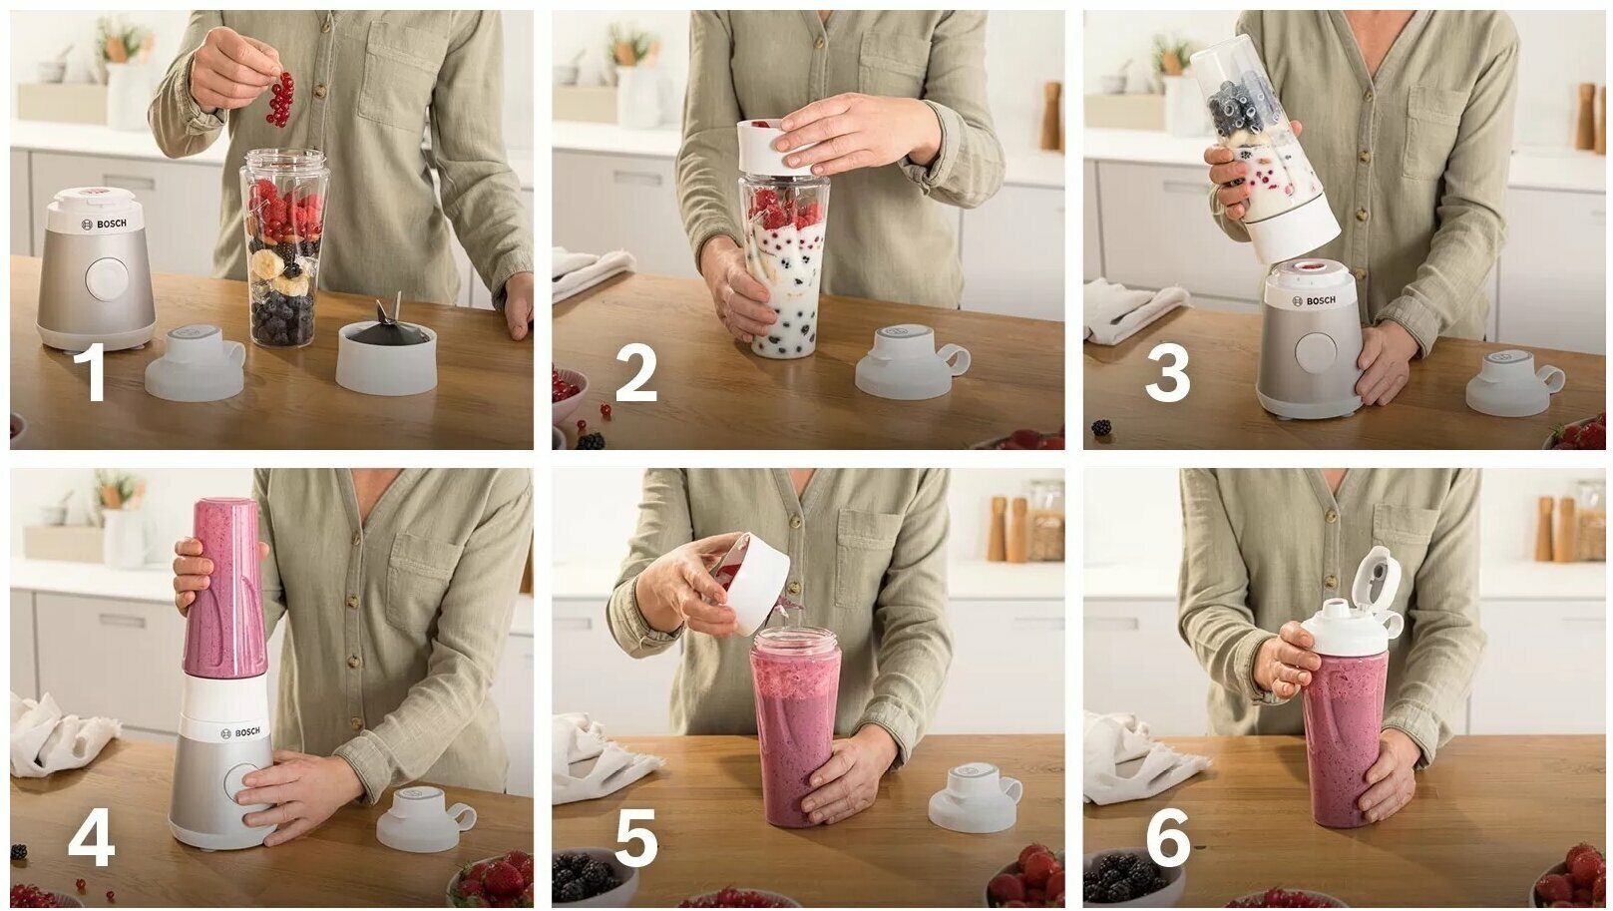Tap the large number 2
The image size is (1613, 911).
636,371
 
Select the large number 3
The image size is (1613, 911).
1167,371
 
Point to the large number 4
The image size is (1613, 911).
92,837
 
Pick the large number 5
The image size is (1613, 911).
636,837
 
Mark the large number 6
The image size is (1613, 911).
1168,837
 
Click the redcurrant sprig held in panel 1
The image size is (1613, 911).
280,100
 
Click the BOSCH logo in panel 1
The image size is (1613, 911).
104,224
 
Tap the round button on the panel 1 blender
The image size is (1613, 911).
108,278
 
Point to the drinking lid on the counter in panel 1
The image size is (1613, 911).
196,362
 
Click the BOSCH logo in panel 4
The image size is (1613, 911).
240,732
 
